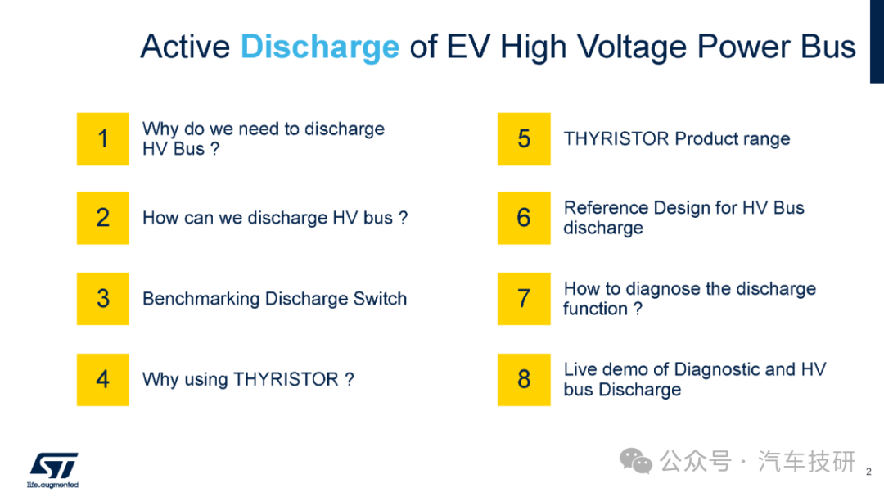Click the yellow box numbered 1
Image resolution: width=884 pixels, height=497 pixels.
click(102, 138)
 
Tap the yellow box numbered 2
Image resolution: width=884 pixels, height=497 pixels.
click(102, 218)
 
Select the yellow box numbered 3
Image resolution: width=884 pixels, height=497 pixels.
click(102, 298)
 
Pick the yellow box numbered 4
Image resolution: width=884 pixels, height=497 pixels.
click(102, 380)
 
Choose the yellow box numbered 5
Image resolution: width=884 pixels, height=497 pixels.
click(524, 138)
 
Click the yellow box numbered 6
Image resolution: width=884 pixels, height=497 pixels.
click(524, 218)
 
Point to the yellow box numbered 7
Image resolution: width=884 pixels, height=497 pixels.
click(524, 298)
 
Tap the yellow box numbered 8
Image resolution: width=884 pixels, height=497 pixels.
click(524, 380)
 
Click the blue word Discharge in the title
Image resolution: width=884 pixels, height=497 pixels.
click(320, 47)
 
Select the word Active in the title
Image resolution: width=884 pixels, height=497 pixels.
click(186, 46)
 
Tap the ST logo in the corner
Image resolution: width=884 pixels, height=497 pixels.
click(53, 470)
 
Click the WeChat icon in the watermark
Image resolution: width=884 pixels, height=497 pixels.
click(636, 462)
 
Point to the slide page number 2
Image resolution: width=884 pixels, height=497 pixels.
click(868, 472)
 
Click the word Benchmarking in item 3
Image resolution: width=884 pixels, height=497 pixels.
click(201, 299)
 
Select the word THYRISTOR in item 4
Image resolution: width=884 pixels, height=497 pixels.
click(286, 379)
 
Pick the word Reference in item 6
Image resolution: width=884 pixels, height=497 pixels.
click(606, 208)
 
